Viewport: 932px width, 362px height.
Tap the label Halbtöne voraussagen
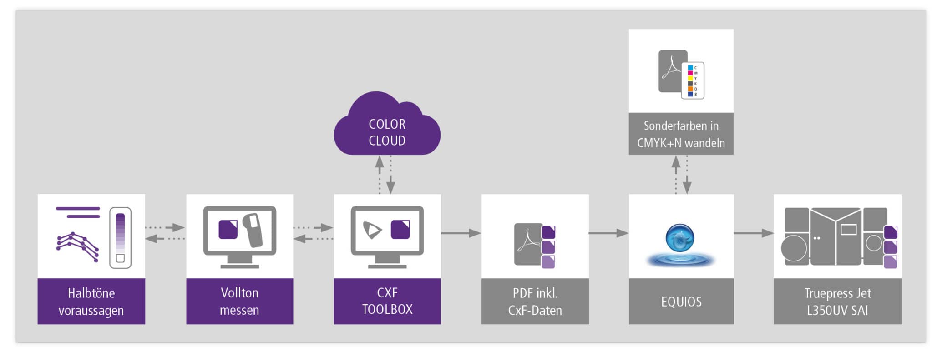click(x=91, y=301)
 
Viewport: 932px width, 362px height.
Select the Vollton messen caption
click(x=239, y=301)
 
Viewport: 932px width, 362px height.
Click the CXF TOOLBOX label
click(x=387, y=301)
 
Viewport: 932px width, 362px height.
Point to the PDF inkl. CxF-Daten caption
click(x=535, y=301)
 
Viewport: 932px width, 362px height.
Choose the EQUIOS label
click(x=681, y=301)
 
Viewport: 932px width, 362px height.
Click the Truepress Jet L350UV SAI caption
click(x=837, y=301)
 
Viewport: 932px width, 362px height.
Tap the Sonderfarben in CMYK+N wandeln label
click(x=681, y=134)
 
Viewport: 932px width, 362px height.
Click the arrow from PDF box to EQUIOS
click(x=608, y=233)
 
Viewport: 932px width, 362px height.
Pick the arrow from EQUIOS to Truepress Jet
click(x=753, y=233)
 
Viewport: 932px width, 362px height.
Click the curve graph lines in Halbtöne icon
click(x=77, y=246)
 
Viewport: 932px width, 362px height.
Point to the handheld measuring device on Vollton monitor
click(x=253, y=229)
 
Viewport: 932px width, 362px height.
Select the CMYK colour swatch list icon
click(x=692, y=81)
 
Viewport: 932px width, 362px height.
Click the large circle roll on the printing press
click(x=794, y=248)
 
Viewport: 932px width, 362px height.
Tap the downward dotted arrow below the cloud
click(x=390, y=175)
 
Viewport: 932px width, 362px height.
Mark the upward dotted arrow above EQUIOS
click(x=676, y=175)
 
